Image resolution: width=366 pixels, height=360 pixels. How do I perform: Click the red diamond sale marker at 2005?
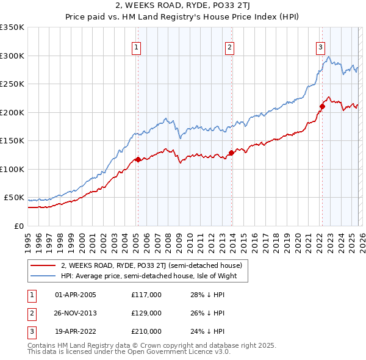(x=138, y=160)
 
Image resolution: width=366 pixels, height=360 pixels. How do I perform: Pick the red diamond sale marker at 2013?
(x=231, y=153)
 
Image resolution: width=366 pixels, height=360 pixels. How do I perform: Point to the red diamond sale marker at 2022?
(x=322, y=107)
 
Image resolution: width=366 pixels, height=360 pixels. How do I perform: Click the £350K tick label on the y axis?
(x=12, y=27)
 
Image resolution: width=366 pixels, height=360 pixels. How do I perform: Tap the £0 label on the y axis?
(x=18, y=226)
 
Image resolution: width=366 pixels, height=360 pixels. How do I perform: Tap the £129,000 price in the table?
(x=146, y=313)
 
